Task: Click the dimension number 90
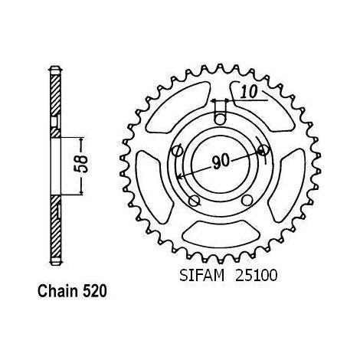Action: click(x=221, y=162)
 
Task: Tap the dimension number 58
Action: click(x=82, y=164)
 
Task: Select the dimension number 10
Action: click(x=249, y=92)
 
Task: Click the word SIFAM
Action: click(x=201, y=276)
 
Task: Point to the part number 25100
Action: click(x=256, y=276)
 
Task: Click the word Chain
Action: click(x=57, y=291)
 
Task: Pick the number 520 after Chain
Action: click(x=94, y=291)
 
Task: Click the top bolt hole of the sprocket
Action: click(x=220, y=119)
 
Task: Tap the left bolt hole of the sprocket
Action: click(x=177, y=151)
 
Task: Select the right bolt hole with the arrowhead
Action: click(x=263, y=150)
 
